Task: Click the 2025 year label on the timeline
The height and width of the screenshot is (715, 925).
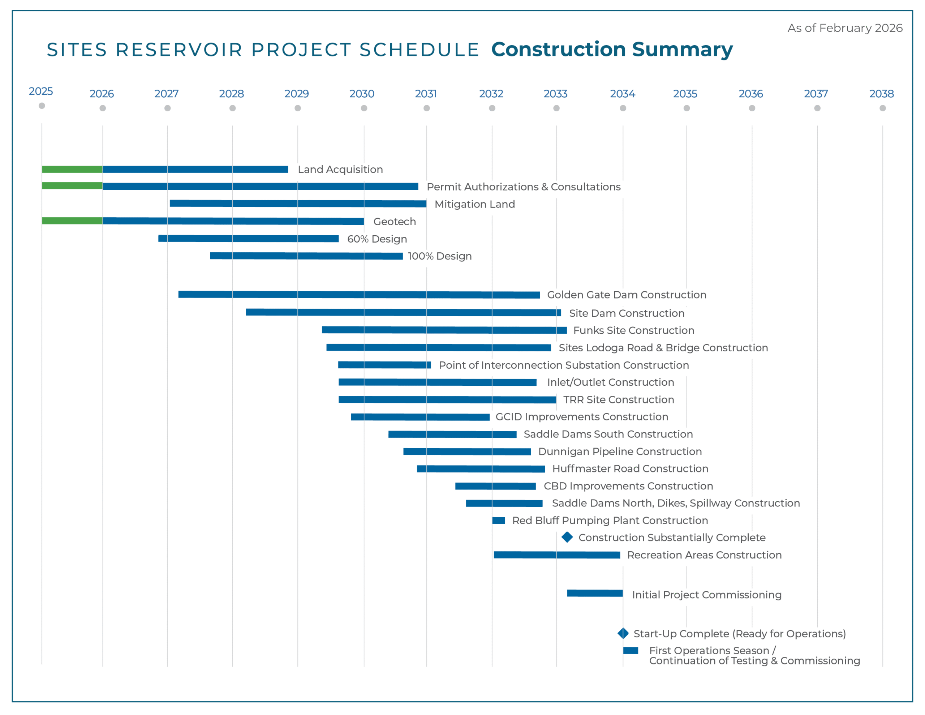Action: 41,91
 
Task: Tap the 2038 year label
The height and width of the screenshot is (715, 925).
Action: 881,94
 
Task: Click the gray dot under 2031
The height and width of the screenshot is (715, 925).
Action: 426,108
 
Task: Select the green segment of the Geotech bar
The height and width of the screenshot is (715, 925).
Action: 72,221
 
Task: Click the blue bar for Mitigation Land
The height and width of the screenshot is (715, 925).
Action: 298,204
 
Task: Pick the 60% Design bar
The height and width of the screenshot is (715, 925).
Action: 248,239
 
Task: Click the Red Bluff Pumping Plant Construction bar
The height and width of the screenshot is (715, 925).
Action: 499,521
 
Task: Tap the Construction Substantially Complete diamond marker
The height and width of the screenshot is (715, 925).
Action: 567,538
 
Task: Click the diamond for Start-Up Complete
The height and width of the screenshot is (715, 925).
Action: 623,633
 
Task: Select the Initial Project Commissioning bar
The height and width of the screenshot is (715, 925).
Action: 595,593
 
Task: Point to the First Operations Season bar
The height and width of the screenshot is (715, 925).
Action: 630,651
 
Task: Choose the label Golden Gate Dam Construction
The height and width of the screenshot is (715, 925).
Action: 627,295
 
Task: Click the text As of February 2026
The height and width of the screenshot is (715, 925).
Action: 845,28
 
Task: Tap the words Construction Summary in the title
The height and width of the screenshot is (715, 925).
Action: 612,50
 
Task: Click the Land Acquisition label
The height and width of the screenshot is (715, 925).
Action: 340,170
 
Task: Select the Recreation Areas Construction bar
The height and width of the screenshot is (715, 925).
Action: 556,555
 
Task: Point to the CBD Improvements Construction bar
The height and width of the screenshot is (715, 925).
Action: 495,486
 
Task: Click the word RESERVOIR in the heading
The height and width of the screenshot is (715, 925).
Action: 179,50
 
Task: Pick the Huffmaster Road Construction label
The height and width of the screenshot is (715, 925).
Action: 630,469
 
